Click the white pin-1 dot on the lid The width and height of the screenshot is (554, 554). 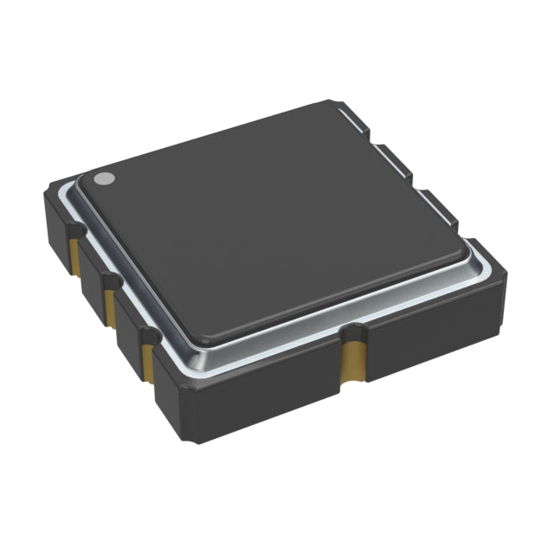coord(104,179)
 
